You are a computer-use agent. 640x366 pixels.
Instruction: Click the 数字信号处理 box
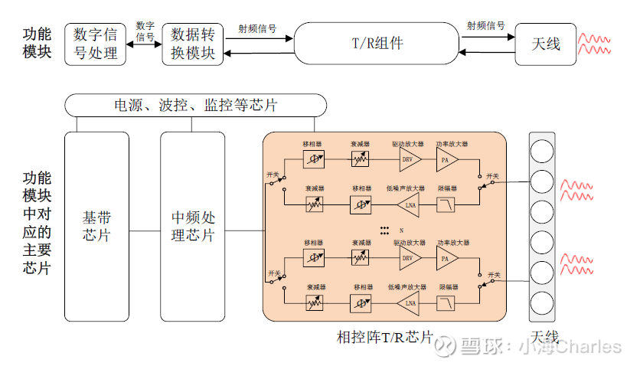point(96,44)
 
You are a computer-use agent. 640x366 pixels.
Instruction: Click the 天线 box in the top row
point(546,44)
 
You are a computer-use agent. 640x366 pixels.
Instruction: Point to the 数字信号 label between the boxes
point(145,31)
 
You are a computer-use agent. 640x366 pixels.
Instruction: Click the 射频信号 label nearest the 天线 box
point(485,26)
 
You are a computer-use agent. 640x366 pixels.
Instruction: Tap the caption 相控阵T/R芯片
point(385,337)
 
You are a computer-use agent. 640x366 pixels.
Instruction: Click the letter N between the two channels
point(400,230)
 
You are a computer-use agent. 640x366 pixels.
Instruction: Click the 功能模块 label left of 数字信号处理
point(37,43)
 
